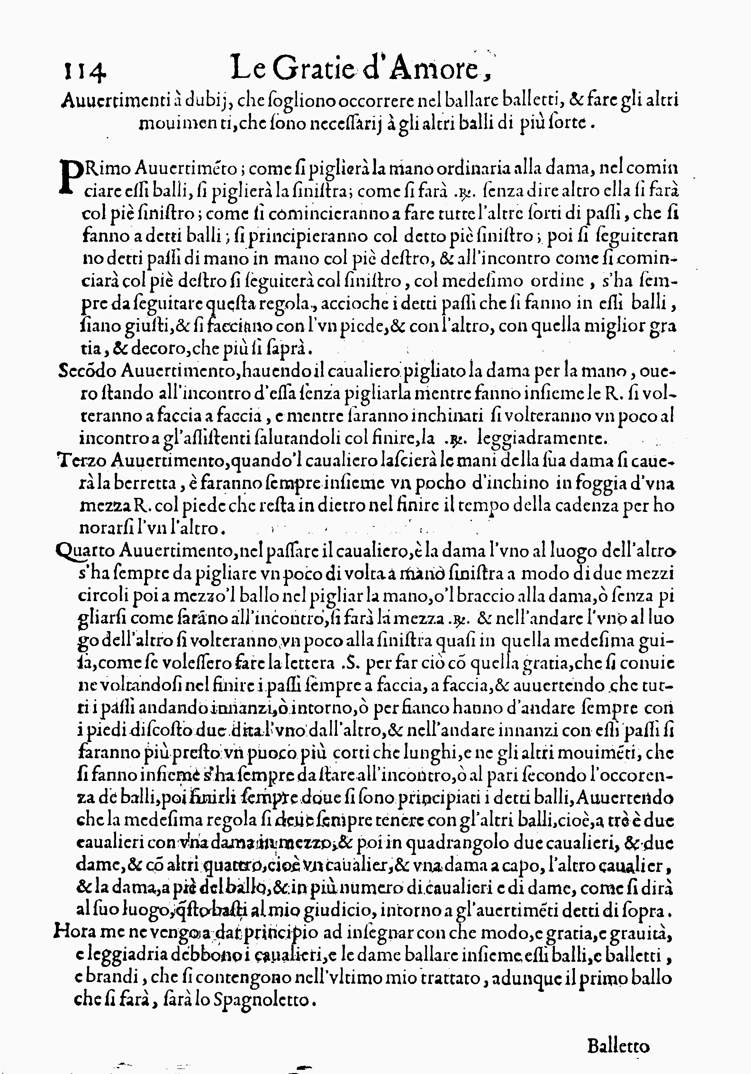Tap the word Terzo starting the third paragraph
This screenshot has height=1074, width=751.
click(x=82, y=460)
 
